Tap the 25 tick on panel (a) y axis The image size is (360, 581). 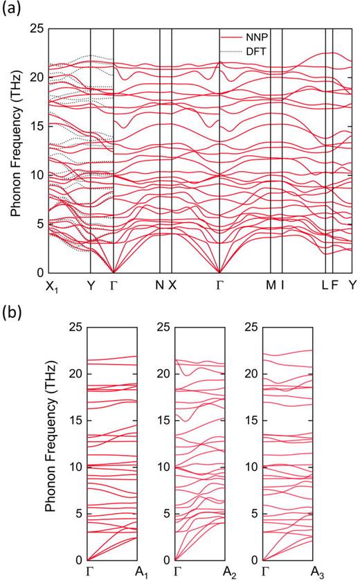(35, 28)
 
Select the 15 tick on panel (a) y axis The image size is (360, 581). (35, 126)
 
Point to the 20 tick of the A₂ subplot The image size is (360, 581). (163, 373)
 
